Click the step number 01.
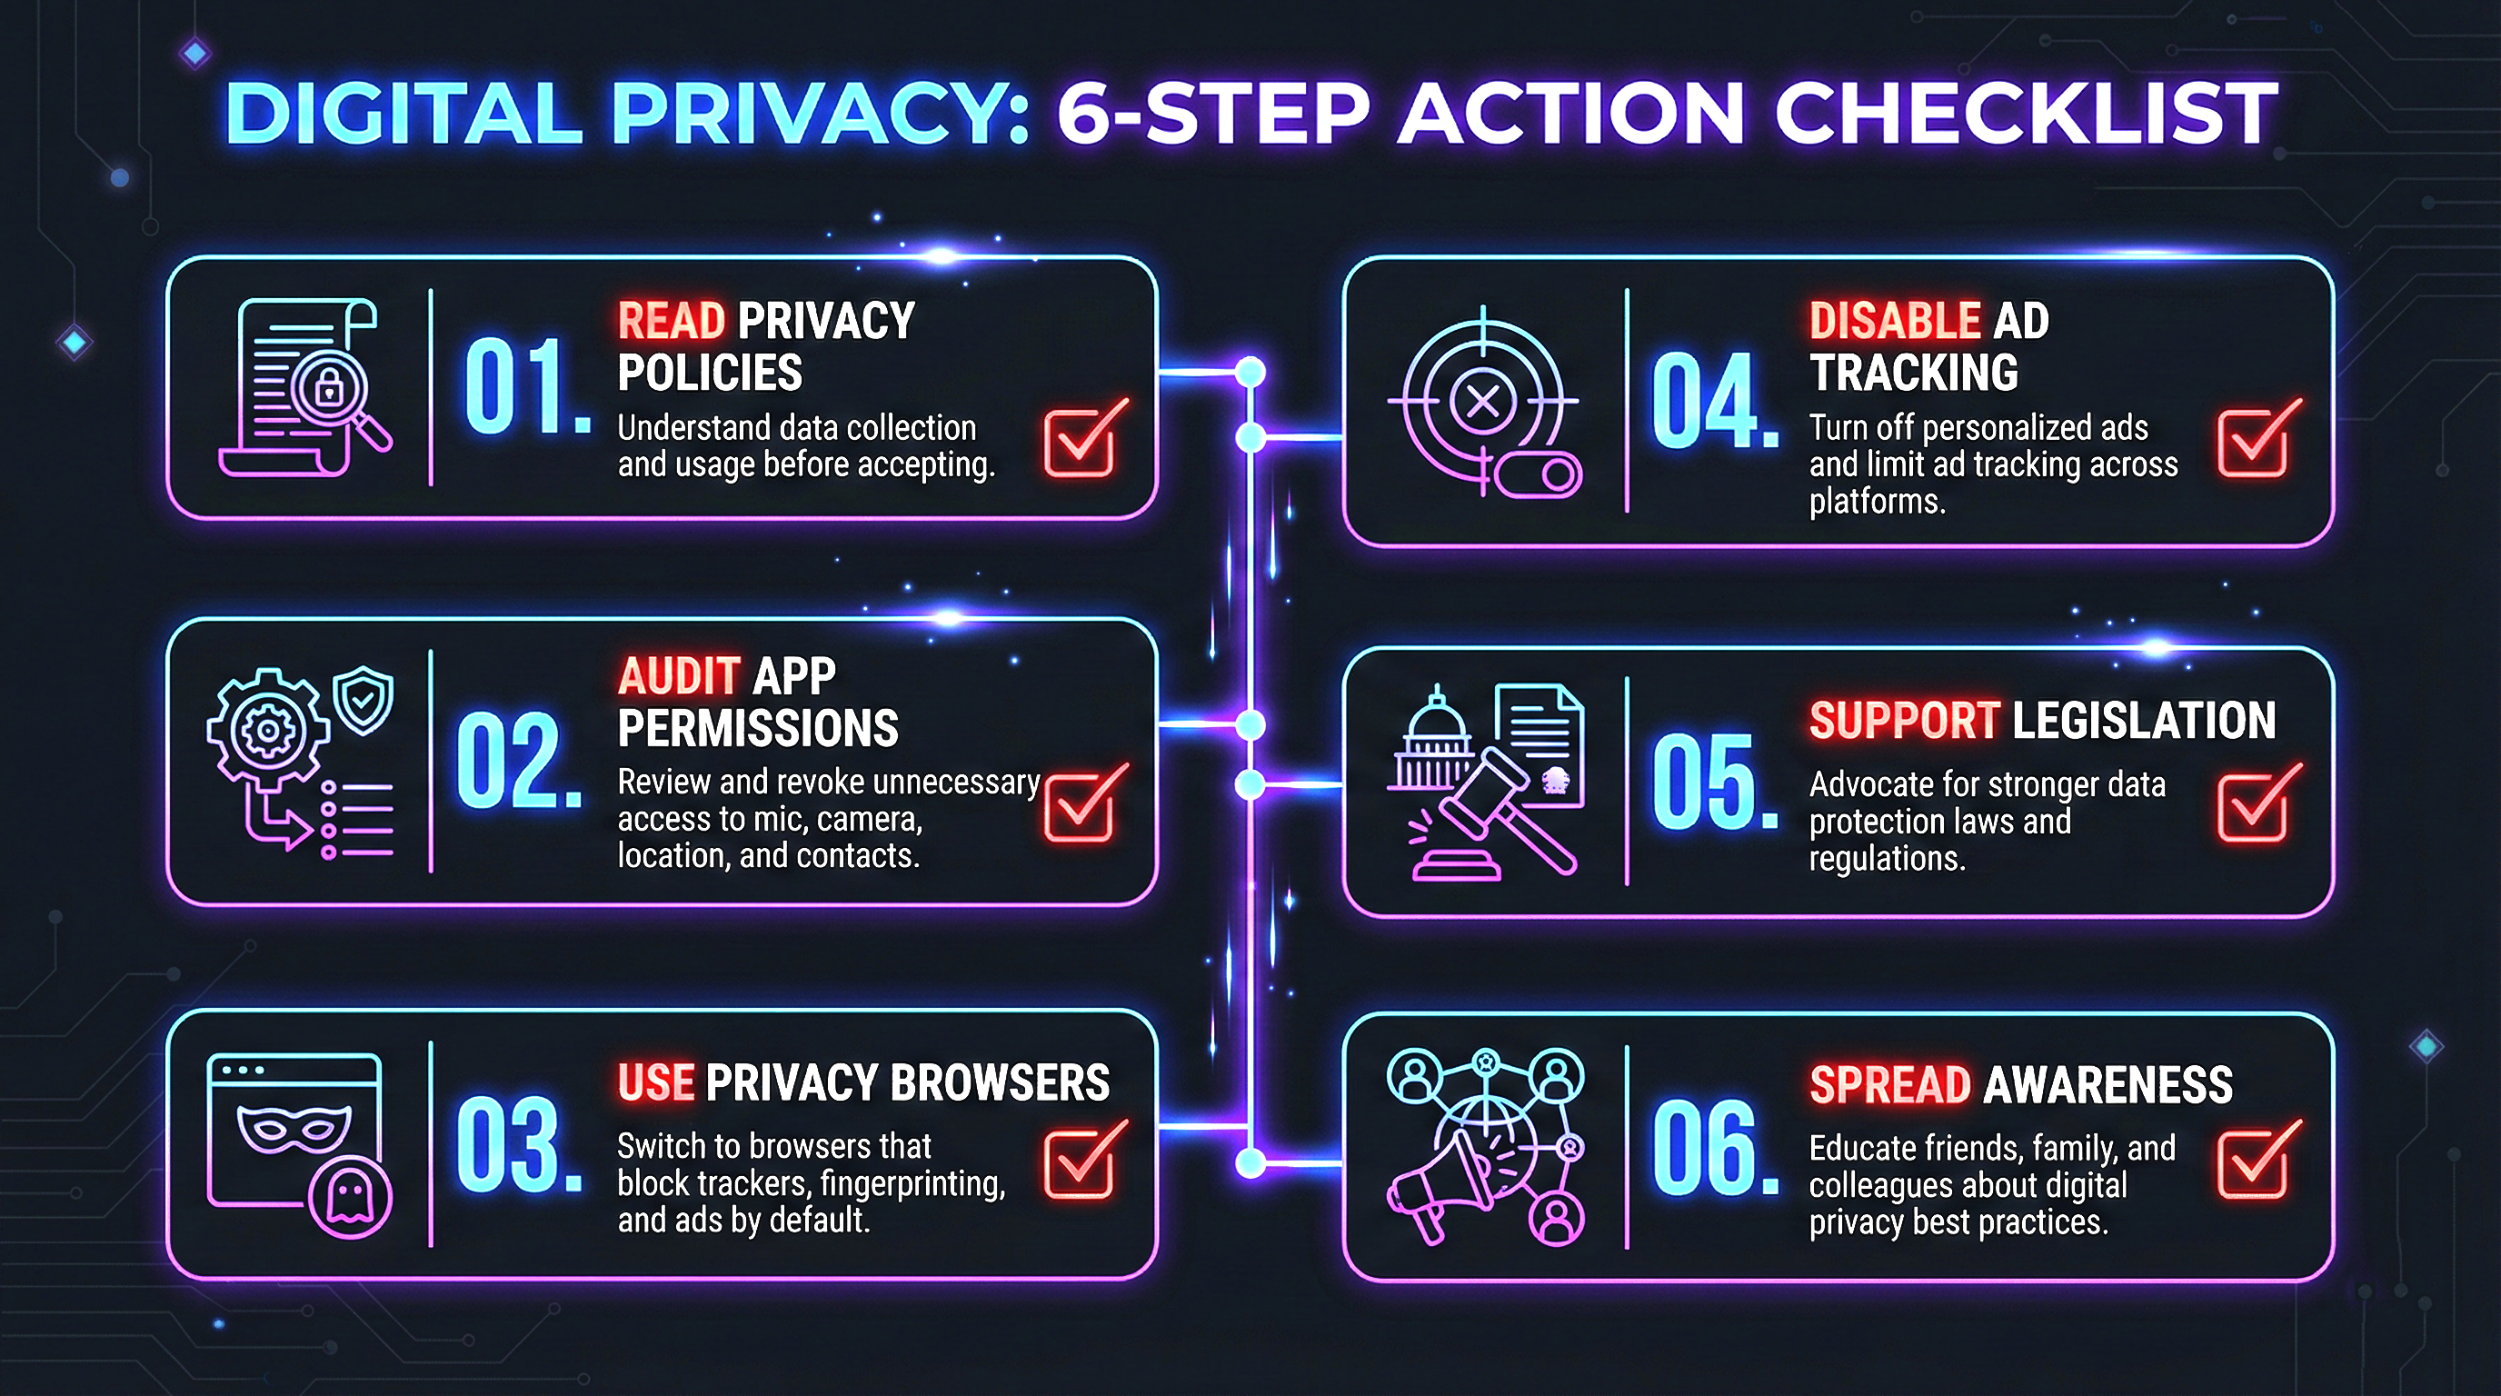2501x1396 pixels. coord(524,388)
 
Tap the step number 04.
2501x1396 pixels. coord(1714,401)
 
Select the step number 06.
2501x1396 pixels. coord(1714,1149)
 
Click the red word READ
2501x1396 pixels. coord(671,320)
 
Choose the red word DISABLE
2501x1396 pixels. coord(1894,320)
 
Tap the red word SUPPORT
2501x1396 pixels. coord(1904,721)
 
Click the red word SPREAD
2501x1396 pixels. coord(1889,1084)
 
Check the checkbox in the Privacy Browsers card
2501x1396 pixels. coord(1081,1162)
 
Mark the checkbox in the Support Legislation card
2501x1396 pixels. coord(2255,804)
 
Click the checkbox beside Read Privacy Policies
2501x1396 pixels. coord(1081,440)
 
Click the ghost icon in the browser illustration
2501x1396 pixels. coord(350,1197)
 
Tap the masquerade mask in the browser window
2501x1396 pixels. coord(294,1129)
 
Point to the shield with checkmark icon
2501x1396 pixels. coord(364,698)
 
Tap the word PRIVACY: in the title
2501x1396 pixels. coord(821,114)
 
